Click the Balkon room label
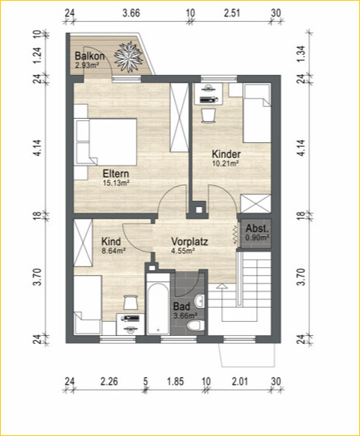click(90, 56)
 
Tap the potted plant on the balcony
click(128, 57)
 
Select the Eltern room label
click(116, 173)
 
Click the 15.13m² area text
click(116, 183)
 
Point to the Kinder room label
click(226, 154)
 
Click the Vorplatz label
click(189, 241)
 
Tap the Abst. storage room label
click(258, 228)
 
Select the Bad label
click(182, 307)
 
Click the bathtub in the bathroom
click(158, 305)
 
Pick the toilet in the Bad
click(196, 325)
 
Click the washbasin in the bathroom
click(199, 301)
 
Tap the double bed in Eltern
click(105, 142)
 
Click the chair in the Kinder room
click(209, 116)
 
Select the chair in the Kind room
click(130, 302)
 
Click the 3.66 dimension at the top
click(131, 13)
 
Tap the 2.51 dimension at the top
click(232, 13)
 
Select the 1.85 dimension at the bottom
click(176, 381)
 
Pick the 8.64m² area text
click(114, 251)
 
